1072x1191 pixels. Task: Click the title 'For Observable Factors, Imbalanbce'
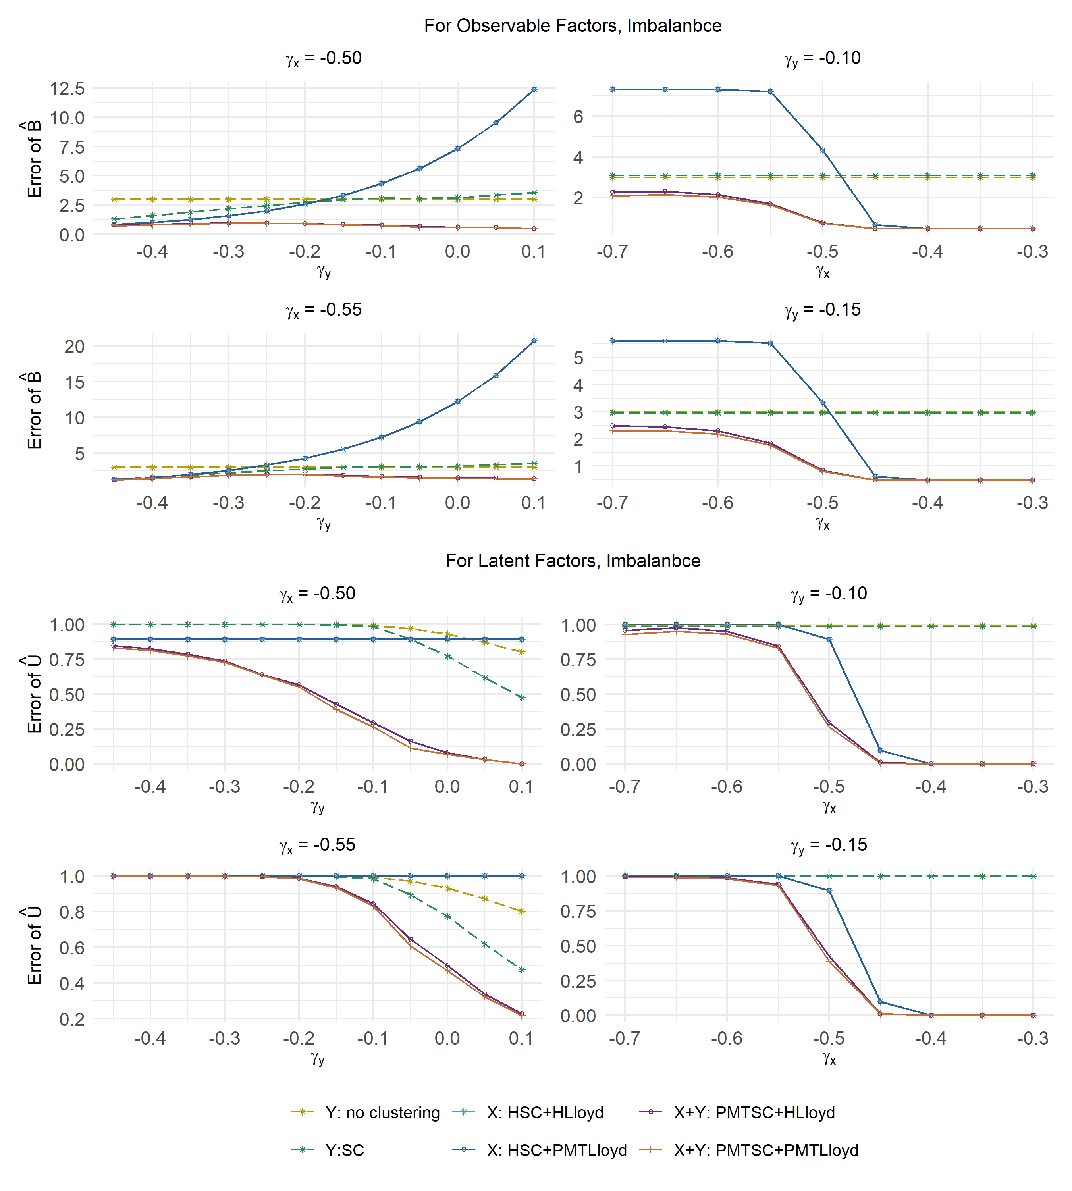573,26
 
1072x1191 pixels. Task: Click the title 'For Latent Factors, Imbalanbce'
573,561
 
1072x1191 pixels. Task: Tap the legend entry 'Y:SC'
345,1151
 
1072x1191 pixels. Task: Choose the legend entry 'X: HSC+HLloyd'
545,1113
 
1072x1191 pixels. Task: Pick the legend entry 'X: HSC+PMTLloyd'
557,1151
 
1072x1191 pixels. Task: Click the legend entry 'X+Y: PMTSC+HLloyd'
754,1113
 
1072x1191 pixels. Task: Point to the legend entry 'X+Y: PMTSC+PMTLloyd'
766,1151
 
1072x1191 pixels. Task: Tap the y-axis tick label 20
75,346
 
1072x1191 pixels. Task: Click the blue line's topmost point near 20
534,341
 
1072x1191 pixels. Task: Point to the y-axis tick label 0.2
72,1019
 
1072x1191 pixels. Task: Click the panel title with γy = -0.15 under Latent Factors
829,845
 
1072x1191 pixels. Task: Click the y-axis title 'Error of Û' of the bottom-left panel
34,945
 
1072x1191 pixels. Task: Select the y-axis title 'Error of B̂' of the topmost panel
34,159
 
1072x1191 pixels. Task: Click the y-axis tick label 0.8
72,912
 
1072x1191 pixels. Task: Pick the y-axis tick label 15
75,382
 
